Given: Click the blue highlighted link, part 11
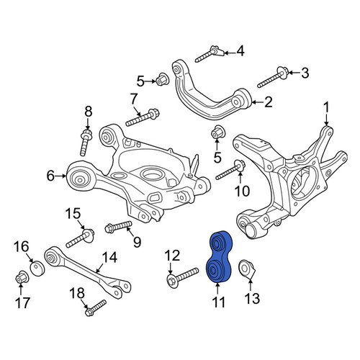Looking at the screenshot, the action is (x=220, y=257).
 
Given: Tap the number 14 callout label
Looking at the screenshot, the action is (x=109, y=257).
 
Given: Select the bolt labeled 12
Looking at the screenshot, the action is (x=182, y=278).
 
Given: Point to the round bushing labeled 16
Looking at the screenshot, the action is (x=37, y=269).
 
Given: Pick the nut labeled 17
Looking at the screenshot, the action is (x=22, y=278).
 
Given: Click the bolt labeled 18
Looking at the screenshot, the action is (x=96, y=307).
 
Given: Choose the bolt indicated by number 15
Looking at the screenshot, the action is (x=80, y=238).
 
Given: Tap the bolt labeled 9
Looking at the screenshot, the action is (x=118, y=227).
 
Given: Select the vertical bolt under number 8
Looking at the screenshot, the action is (x=86, y=143).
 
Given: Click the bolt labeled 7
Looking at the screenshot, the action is (x=143, y=117).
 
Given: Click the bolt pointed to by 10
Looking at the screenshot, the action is (x=230, y=170).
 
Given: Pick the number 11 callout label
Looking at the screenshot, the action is (x=218, y=302).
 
